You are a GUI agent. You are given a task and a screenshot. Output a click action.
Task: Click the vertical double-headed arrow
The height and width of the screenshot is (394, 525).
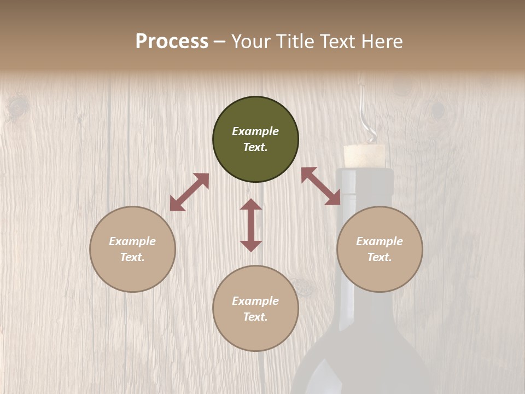(251, 225)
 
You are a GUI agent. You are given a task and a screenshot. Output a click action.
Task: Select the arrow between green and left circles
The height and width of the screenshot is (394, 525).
(189, 192)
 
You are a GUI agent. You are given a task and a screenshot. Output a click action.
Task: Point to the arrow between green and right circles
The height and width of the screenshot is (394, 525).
(321, 186)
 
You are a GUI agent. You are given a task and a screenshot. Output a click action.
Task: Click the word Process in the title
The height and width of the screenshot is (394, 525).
(172, 42)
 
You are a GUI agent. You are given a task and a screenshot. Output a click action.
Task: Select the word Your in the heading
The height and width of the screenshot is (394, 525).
(252, 42)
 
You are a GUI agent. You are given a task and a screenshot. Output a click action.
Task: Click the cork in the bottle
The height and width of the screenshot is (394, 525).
(364, 155)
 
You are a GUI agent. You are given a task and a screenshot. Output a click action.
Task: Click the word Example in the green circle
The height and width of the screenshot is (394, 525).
(255, 131)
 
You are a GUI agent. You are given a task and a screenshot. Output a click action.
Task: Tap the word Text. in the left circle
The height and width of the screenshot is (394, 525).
(132, 257)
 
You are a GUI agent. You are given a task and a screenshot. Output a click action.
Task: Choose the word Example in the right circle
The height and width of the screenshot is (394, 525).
(380, 241)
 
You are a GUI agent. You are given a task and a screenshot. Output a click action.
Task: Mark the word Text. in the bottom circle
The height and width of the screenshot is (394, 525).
(255, 317)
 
